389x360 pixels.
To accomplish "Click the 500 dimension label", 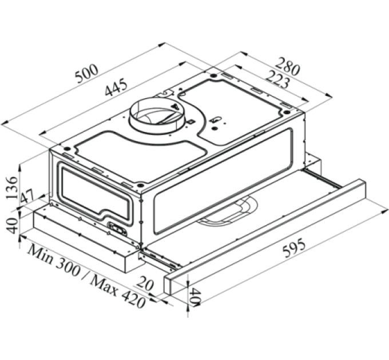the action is [87, 74].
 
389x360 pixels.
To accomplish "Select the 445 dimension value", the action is [116, 87].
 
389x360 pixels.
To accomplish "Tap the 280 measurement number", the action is [288, 66].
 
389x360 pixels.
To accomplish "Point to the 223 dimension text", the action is [277, 79].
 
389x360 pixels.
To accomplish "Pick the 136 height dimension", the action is [12, 187].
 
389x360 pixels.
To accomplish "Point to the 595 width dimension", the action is [294, 248].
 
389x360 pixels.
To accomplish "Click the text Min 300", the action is [54, 260].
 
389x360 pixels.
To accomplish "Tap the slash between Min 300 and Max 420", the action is [86, 275].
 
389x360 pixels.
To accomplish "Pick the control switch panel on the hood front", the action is [117, 229].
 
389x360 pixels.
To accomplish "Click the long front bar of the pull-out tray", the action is [265, 237].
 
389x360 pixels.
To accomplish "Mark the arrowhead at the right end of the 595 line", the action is [385, 211].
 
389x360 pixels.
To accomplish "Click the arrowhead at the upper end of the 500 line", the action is [162, 45].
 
